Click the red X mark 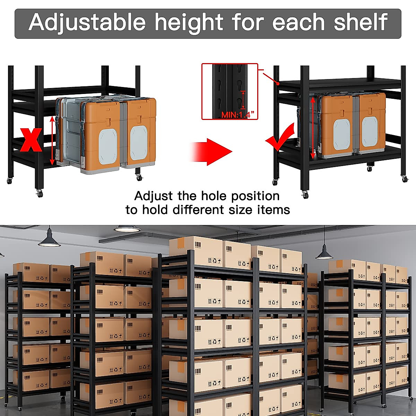(x=31, y=140)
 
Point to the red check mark (x=280, y=139)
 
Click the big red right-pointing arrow (x=211, y=151)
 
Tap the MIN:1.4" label (x=238, y=115)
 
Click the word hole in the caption (x=215, y=196)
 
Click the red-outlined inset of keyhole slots (x=230, y=91)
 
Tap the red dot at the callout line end (x=278, y=83)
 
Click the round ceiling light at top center (x=127, y=228)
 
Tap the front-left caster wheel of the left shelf (x=40, y=193)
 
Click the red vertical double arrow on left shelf (x=52, y=140)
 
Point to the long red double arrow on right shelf (x=313, y=128)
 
